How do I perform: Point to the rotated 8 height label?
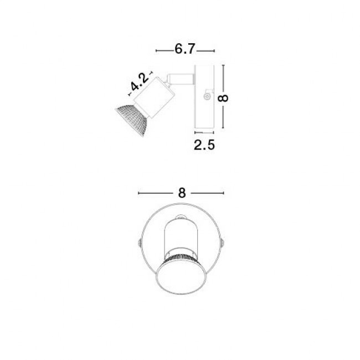click(223, 97)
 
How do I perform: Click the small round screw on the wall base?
click(207, 97)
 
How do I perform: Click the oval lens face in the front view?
click(181, 281)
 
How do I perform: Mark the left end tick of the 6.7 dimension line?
click(157, 51)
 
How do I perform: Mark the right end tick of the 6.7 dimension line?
click(213, 51)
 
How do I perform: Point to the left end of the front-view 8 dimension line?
click(138, 193)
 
